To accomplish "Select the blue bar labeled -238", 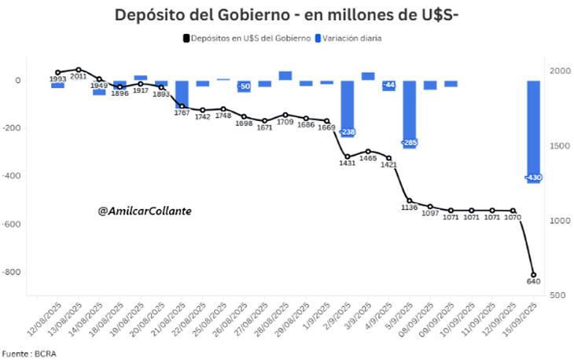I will (x=348, y=106).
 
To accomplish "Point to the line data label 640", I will (x=533, y=281).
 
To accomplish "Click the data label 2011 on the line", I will (x=79, y=76).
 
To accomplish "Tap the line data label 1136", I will (x=409, y=208).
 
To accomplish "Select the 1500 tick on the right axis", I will (x=559, y=145).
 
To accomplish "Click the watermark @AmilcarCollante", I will (x=145, y=211).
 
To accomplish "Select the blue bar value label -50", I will (x=245, y=86).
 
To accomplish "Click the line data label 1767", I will (x=182, y=112).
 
